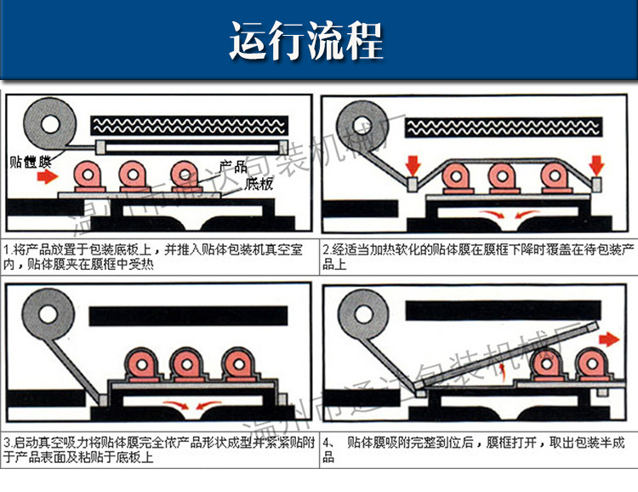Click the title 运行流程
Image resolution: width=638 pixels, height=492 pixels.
tap(305, 40)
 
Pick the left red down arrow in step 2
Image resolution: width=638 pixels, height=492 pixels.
tap(414, 163)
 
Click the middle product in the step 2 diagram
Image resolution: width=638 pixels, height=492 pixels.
tap(503, 177)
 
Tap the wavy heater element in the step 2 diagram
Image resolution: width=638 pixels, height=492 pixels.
tap(507, 127)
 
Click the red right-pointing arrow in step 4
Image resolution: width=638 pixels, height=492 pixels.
tap(607, 338)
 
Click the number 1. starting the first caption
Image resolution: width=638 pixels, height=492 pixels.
tap(9, 251)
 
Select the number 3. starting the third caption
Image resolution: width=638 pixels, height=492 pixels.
tap(9, 443)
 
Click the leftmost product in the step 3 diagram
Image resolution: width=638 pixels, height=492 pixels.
tap(137, 368)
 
